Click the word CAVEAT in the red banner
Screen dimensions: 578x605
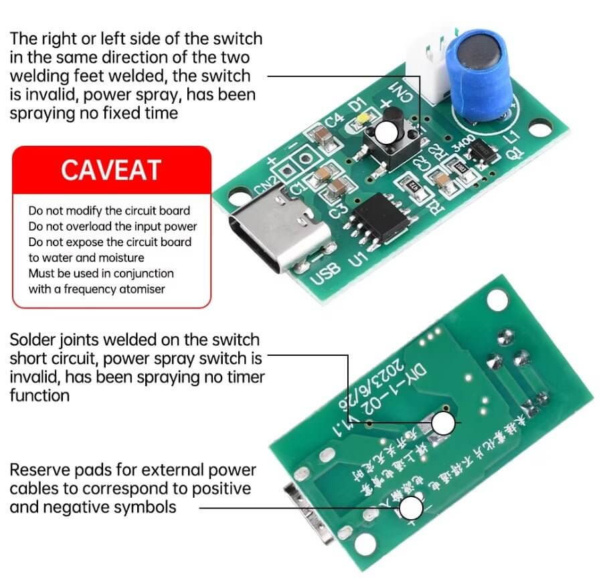pos(111,170)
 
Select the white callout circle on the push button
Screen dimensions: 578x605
pos(387,132)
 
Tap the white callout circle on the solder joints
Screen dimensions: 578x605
pos(443,423)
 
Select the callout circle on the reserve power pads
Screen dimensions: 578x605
pos(412,509)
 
